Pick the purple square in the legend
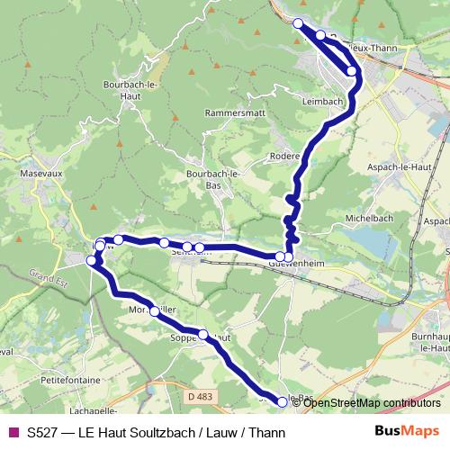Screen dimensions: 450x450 pyautogui.click(x=13, y=432)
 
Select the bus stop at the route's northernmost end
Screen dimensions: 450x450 pyautogui.click(x=299, y=23)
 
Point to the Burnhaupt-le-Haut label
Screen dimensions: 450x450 pyautogui.click(x=426, y=340)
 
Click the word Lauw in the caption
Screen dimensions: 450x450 pyautogui.click(x=221, y=432)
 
